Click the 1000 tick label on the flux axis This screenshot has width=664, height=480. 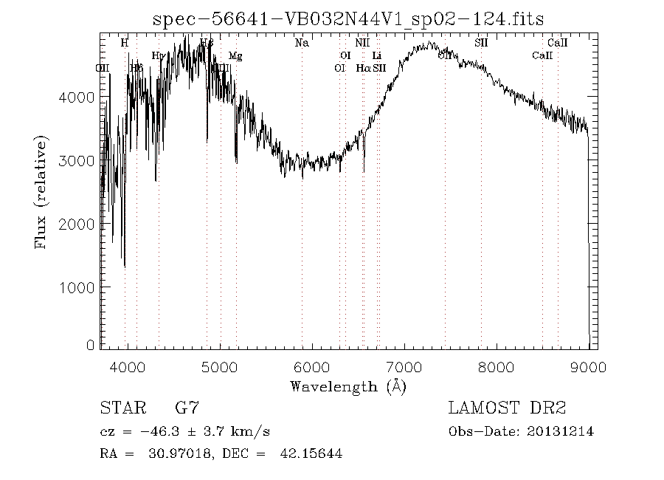point(80,287)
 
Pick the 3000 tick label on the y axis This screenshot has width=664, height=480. point(80,160)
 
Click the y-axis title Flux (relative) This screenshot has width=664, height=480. point(43,192)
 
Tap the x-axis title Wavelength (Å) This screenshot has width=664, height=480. point(348,386)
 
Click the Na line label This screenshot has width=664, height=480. point(302,43)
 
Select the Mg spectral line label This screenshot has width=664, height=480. point(235,55)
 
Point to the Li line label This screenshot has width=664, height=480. point(376,55)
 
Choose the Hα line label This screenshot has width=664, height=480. point(362,68)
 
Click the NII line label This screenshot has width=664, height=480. point(362,43)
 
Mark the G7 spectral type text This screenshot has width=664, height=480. point(187,407)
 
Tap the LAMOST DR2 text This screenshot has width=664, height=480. point(507,407)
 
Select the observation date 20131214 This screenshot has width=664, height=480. point(561,431)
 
